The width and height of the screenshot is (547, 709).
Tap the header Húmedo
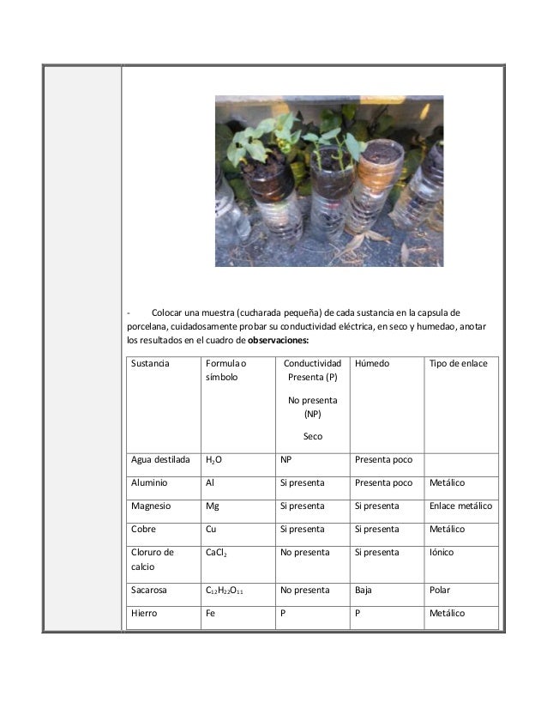click(372, 364)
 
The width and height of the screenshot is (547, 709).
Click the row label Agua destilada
click(160, 459)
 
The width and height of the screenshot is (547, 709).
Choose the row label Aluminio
click(149, 482)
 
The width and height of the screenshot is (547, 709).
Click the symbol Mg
click(212, 506)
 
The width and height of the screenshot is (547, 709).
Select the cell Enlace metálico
click(461, 506)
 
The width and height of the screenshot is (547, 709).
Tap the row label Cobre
click(144, 529)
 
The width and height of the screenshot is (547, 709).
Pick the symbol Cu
click(211, 529)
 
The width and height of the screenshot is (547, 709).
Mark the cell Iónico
click(444, 552)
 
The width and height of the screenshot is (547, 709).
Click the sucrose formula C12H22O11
click(227, 591)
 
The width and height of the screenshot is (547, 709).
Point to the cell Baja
click(364, 591)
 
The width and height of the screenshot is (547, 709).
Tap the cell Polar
click(440, 591)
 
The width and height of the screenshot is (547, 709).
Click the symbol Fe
click(211, 614)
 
